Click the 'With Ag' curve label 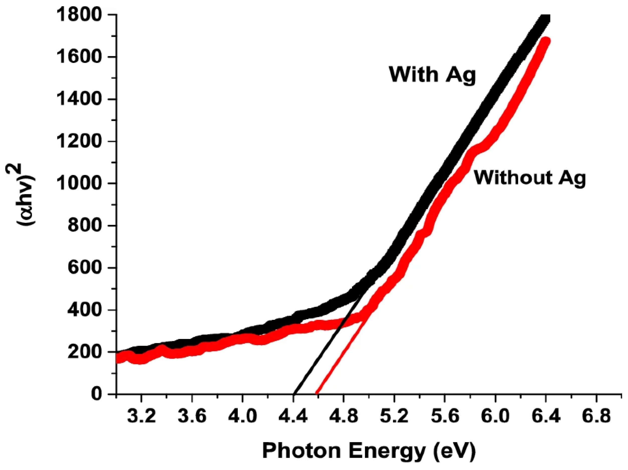point(432,75)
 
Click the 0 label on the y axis point(96,394)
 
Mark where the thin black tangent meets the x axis point(294,394)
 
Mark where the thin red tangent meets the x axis point(317,394)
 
